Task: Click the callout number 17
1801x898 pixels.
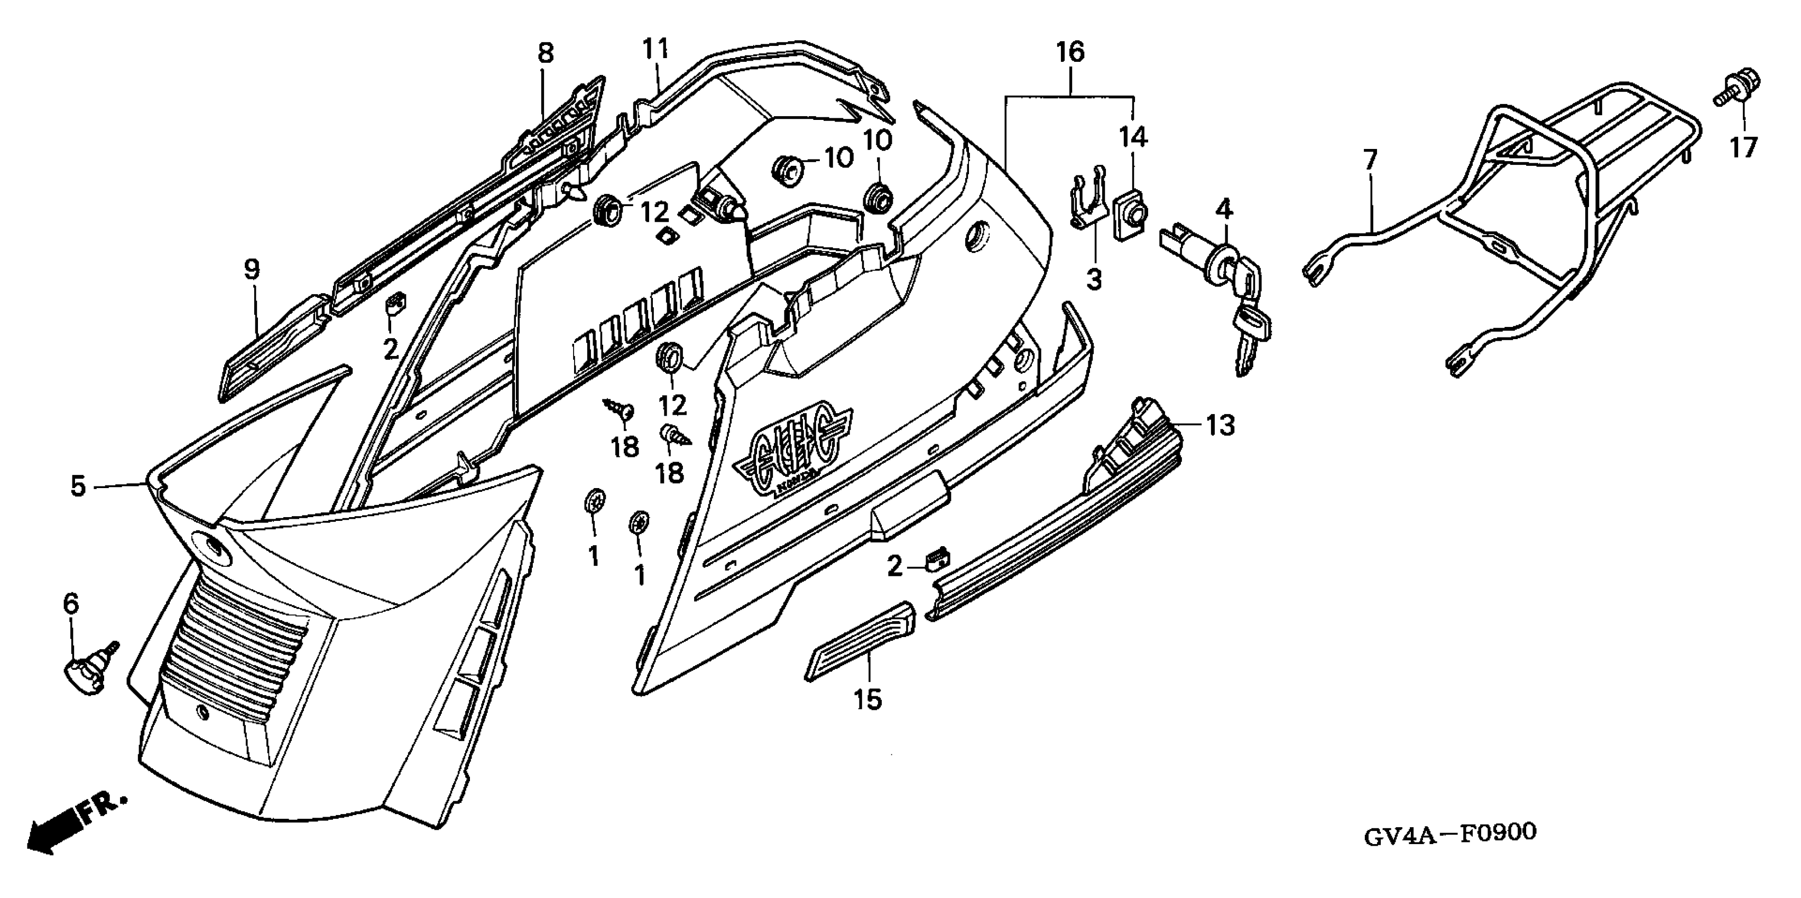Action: (1744, 148)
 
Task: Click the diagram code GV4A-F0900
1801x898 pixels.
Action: (1450, 833)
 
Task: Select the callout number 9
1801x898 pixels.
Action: (252, 270)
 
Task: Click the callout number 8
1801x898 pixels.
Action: (546, 54)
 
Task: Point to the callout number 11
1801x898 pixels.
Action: (656, 50)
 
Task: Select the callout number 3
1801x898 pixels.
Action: (1094, 281)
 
